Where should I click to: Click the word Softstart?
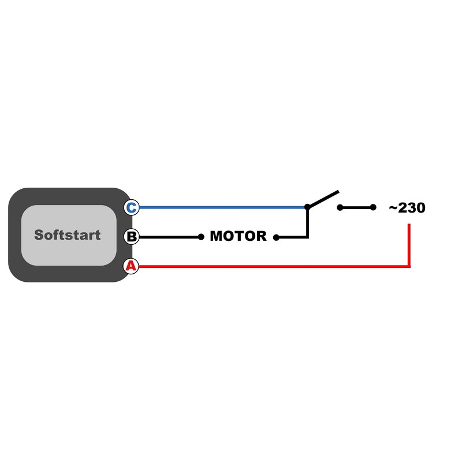pyautogui.click(x=68, y=235)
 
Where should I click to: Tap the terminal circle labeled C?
pyautogui.click(x=132, y=207)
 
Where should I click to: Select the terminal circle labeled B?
pyautogui.click(x=132, y=237)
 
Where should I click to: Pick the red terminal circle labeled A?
pyautogui.click(x=131, y=266)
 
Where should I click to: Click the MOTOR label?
pyautogui.click(x=238, y=236)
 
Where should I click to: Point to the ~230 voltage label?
pyautogui.click(x=407, y=208)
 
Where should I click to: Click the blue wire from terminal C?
pyautogui.click(x=222, y=207)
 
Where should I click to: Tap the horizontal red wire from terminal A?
pyautogui.click(x=274, y=266)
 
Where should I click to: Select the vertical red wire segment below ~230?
pyautogui.click(x=409, y=245)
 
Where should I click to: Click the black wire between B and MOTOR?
pyautogui.click(x=170, y=237)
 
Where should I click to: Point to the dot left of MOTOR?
pyautogui.click(x=201, y=237)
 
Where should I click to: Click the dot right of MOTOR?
pyautogui.click(x=276, y=237)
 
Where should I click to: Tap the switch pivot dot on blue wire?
pyautogui.click(x=307, y=207)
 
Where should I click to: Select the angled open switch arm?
pyautogui.click(x=323, y=199)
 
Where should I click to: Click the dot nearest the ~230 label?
pyautogui.click(x=373, y=207)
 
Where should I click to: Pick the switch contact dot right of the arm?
pyautogui.click(x=340, y=207)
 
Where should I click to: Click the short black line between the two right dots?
pyautogui.click(x=356, y=207)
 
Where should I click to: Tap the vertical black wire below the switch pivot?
pyautogui.click(x=308, y=222)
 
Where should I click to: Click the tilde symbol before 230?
pyautogui.click(x=393, y=208)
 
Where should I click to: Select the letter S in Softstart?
pyautogui.click(x=39, y=235)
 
